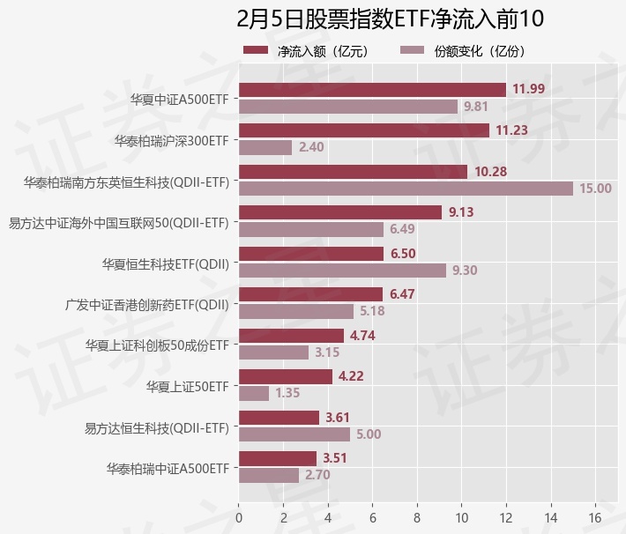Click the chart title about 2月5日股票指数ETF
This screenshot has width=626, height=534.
pos(391,19)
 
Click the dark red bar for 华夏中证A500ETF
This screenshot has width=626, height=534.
pos(372,90)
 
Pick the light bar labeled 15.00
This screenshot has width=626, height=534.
pos(406,189)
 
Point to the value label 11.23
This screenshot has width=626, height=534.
pos(511,130)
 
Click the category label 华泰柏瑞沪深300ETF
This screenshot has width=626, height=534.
pos(171,140)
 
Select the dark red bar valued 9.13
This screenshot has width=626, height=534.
pos(340,212)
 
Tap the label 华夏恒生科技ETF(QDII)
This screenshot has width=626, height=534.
pos(166,263)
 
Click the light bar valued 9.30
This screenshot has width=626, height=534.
pos(342,271)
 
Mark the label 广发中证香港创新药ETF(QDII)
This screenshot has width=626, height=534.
pos(147,304)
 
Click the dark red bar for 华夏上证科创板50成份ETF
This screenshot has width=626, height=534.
pos(291,336)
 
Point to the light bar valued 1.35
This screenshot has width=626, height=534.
pos(254,393)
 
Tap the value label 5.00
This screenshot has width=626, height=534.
pos(369,434)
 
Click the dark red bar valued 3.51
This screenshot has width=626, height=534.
pos(278,458)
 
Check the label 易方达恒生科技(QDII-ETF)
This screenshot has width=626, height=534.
pos(156,427)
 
